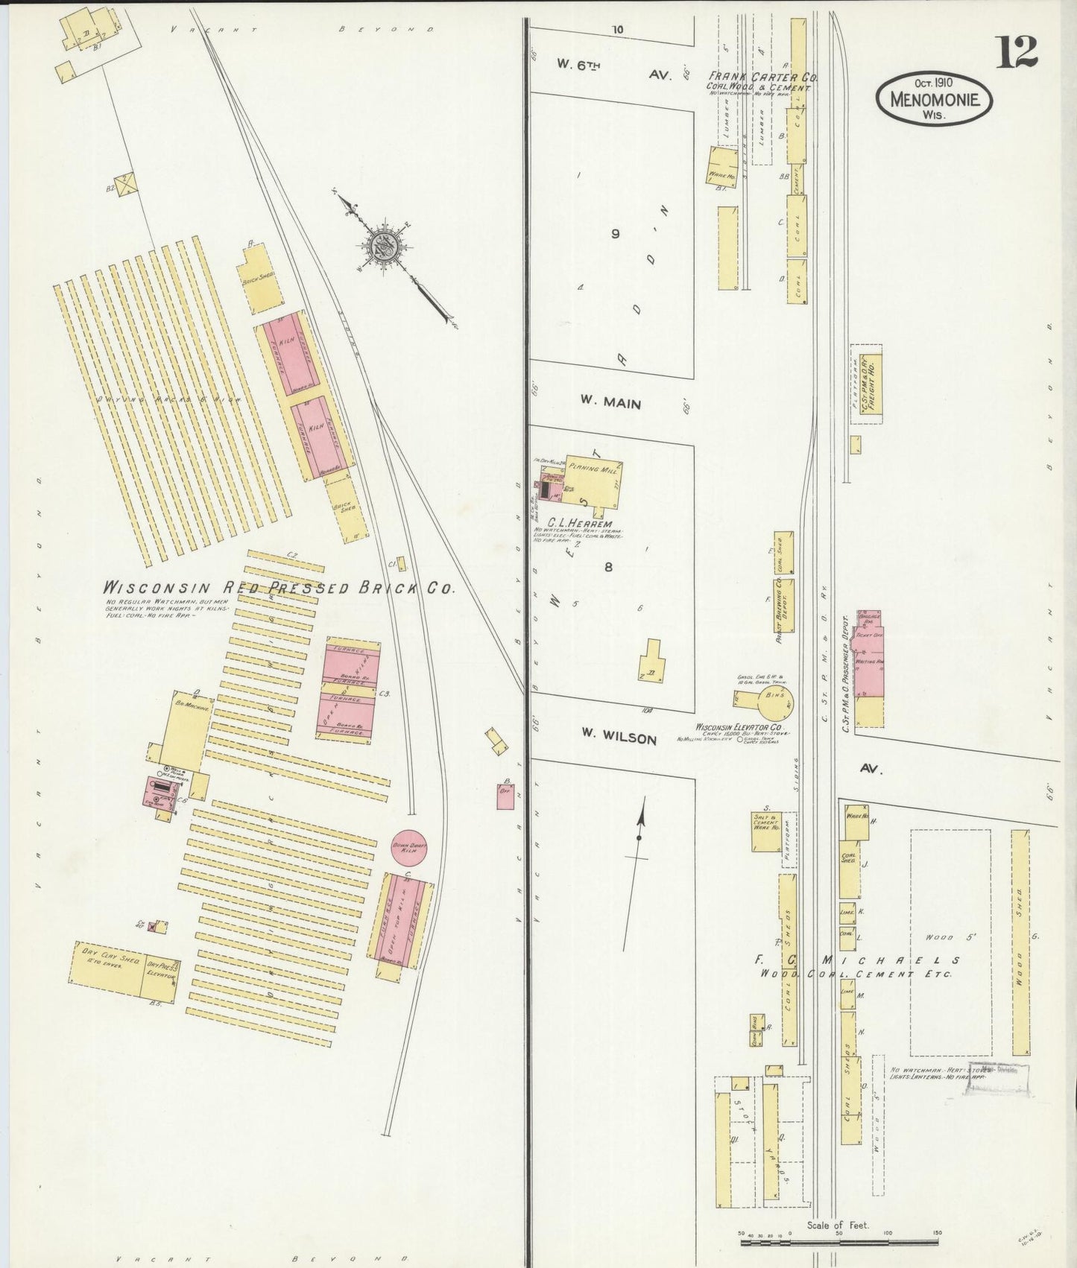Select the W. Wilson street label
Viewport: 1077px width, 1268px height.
click(x=619, y=738)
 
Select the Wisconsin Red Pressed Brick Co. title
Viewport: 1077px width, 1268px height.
click(x=278, y=587)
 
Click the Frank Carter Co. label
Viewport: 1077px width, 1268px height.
click(x=759, y=77)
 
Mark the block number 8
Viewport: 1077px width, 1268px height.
click(x=608, y=567)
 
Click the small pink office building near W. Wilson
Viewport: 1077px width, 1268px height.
click(x=505, y=795)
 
